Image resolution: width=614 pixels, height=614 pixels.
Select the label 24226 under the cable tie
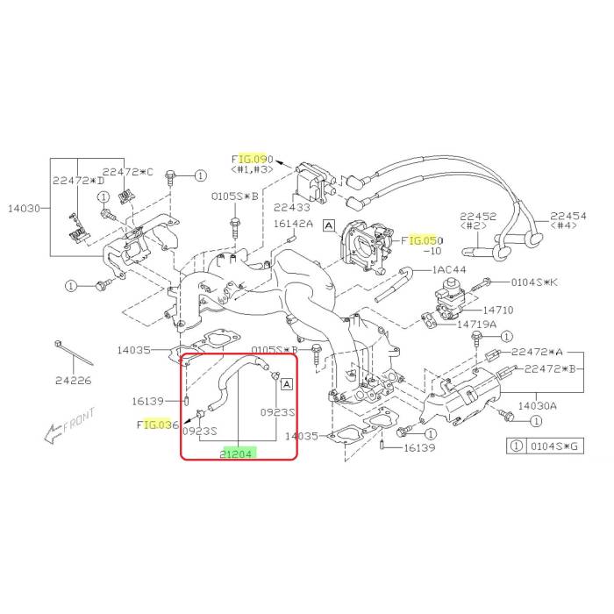click(73, 380)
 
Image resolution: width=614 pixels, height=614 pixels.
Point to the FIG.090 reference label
click(253, 160)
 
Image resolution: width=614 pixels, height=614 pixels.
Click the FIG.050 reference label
click(424, 239)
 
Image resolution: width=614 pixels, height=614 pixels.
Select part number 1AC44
click(447, 270)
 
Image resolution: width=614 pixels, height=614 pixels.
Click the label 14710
click(496, 311)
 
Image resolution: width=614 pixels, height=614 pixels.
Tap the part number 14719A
click(476, 324)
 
